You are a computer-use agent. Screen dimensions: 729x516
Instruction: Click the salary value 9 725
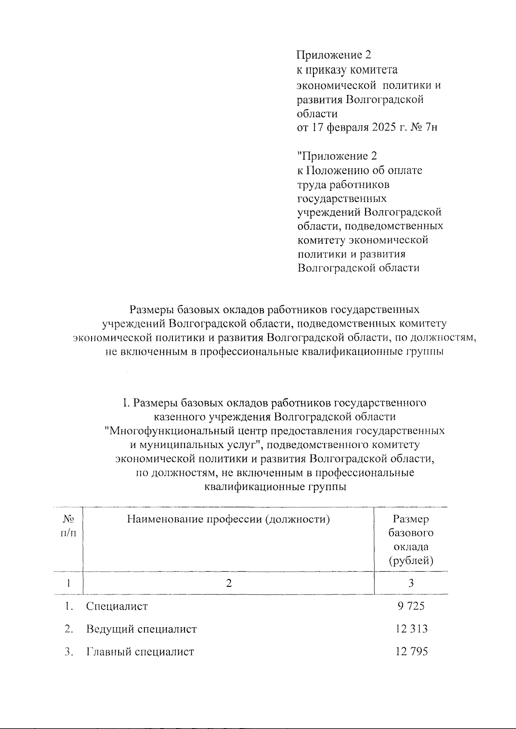pyautogui.click(x=411, y=606)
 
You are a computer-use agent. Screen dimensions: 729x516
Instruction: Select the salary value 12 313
pyautogui.click(x=412, y=629)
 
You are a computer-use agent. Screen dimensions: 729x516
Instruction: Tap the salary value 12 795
pyautogui.click(x=412, y=652)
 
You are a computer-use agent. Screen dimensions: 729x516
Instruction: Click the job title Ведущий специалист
pyautogui.click(x=141, y=629)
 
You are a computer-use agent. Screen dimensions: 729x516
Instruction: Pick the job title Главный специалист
pyautogui.click(x=140, y=652)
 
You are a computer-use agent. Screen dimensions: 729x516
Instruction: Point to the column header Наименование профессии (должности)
pyautogui.click(x=228, y=520)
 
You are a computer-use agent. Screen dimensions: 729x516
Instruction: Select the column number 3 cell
pyautogui.click(x=411, y=583)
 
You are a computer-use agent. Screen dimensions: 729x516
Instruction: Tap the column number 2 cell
pyautogui.click(x=228, y=583)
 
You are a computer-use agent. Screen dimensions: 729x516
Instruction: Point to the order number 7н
pyautogui.click(x=430, y=128)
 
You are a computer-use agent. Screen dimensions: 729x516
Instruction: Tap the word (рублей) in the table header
pyautogui.click(x=411, y=561)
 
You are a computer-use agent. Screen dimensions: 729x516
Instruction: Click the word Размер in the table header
pyautogui.click(x=411, y=519)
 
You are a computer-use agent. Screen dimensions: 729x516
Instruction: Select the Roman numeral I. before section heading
pyautogui.click(x=126, y=403)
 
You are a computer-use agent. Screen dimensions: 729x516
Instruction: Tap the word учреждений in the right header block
pyautogui.click(x=329, y=212)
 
